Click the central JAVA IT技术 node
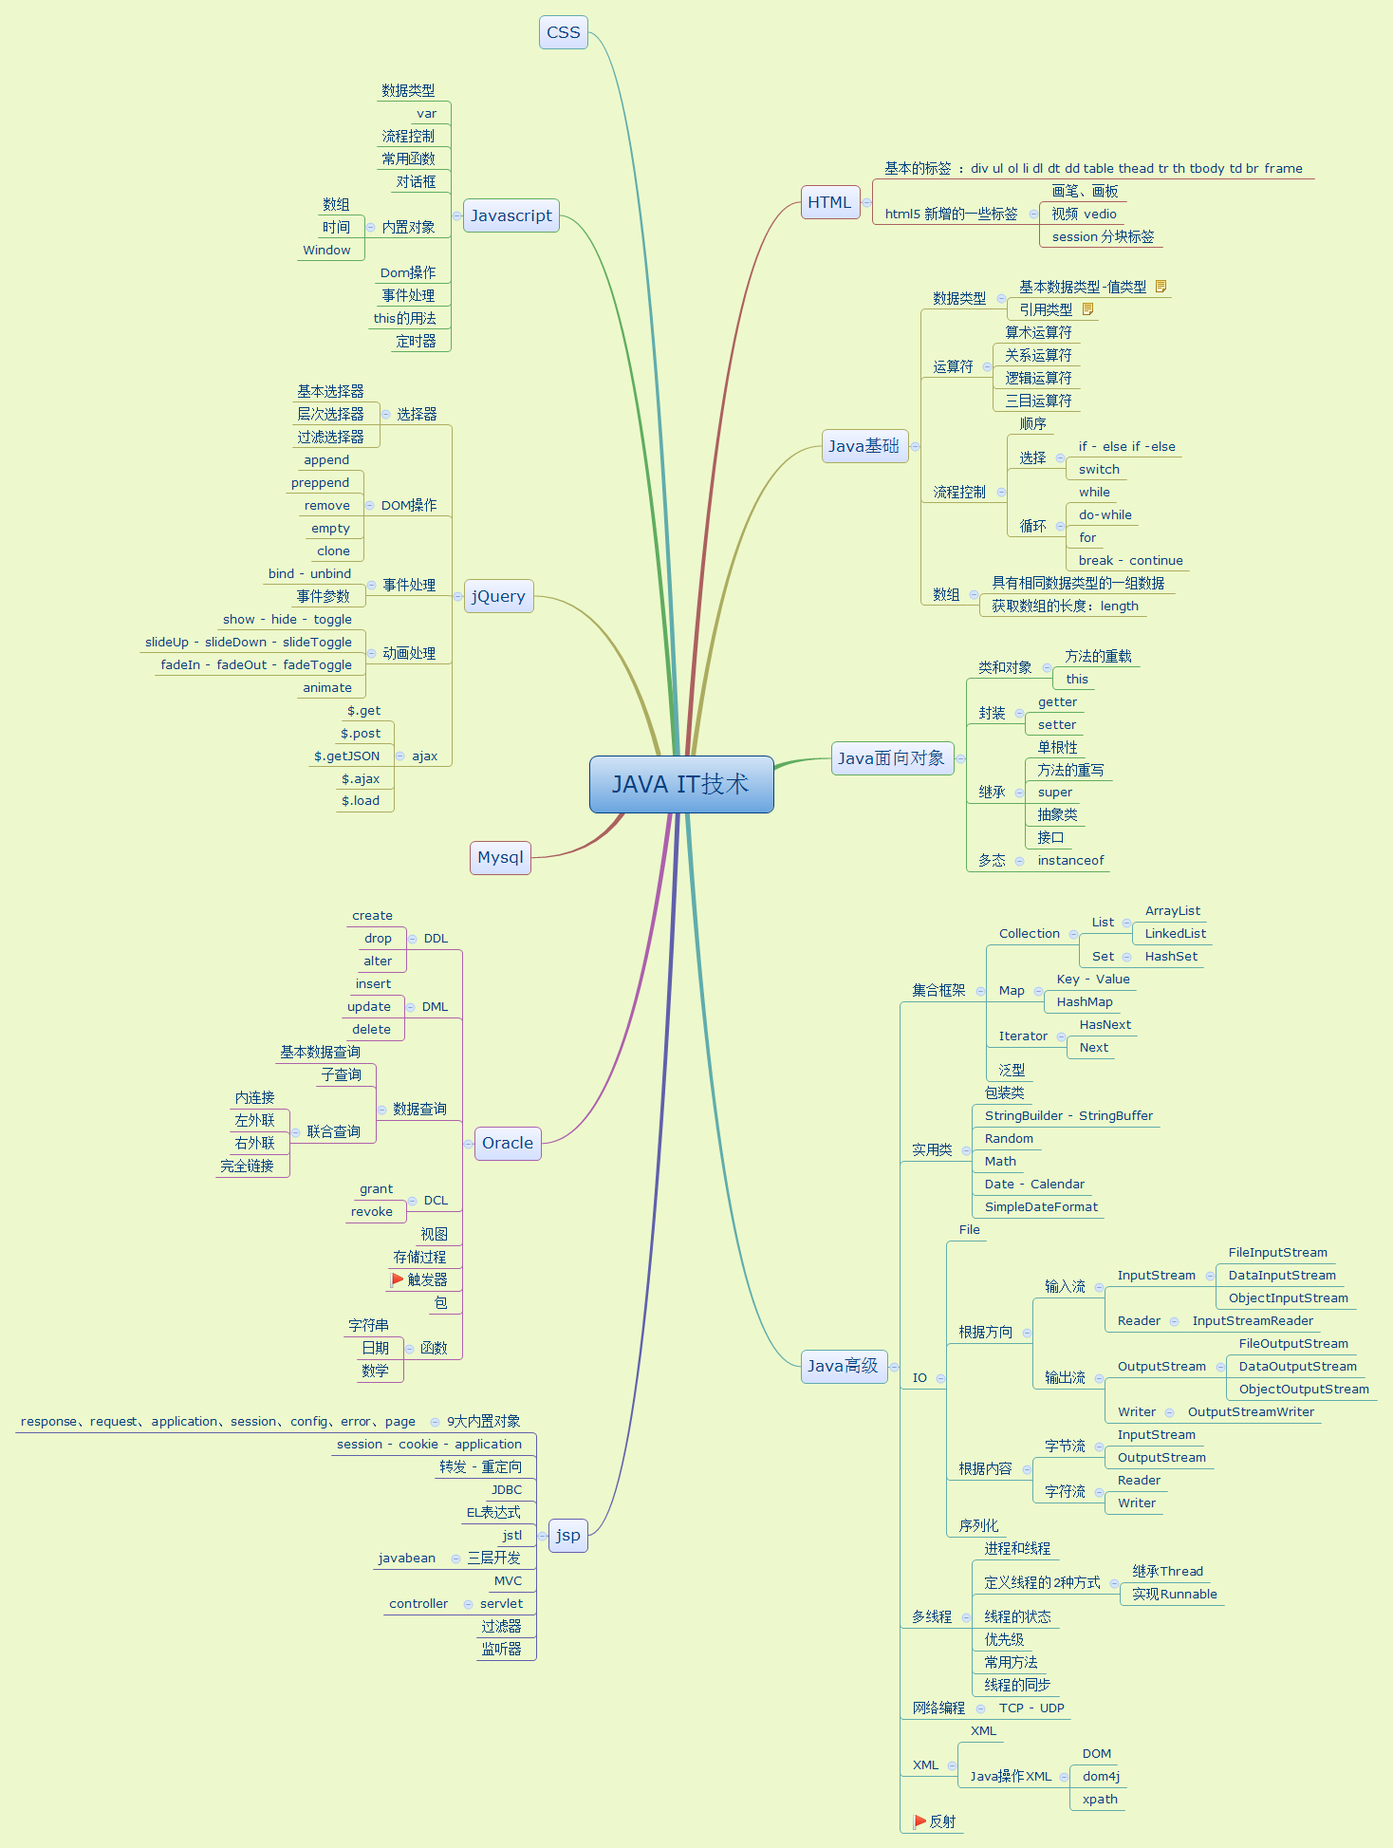[681, 784]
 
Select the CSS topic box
[563, 32]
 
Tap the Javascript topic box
[511, 215]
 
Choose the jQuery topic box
[498, 596]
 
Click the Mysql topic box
[500, 857]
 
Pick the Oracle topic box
[508, 1143]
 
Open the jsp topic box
[568, 1535]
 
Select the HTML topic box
[829, 202]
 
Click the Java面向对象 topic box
[891, 758]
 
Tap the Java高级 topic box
[843, 1366]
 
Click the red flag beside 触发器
[398, 1279]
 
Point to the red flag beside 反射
[919, 1821]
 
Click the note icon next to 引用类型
[1087, 309]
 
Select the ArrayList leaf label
[1172, 911]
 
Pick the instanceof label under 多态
[1070, 861]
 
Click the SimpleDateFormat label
[1041, 1207]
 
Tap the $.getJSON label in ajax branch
[346, 756]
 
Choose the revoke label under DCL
[371, 1212]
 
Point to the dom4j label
[1101, 1777]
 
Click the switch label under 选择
[1099, 470]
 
